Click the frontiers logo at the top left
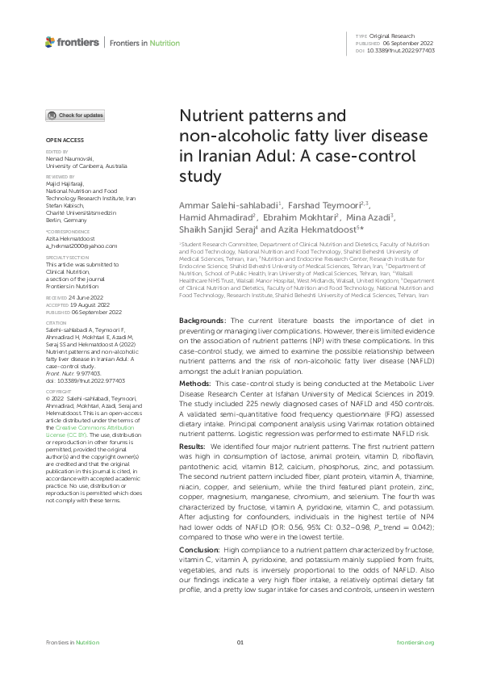[x=72, y=42]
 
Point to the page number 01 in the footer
[x=240, y=642]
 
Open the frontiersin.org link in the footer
[x=416, y=642]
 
